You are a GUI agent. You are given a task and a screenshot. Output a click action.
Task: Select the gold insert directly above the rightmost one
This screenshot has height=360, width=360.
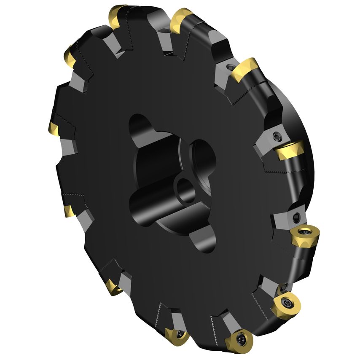[290, 150]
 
